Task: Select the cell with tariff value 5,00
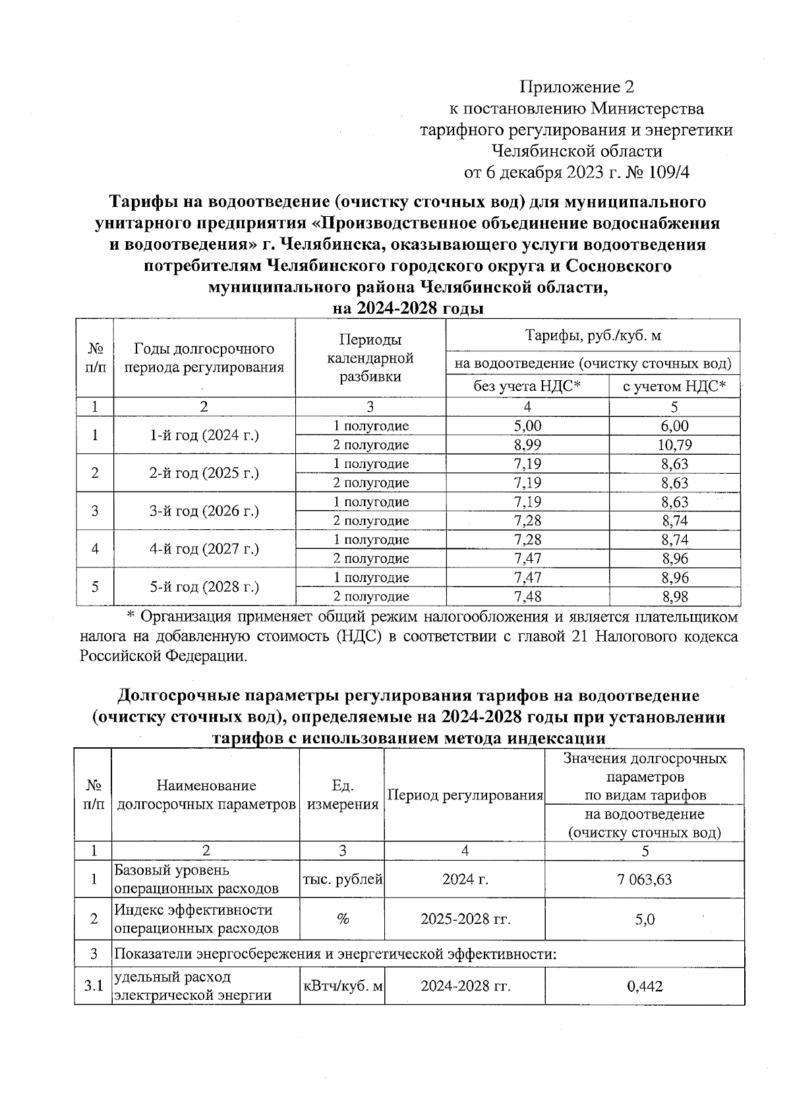pyautogui.click(x=527, y=426)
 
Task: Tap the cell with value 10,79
pyautogui.click(x=674, y=445)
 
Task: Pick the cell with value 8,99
pyautogui.click(x=527, y=445)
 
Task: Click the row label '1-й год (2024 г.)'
pyautogui.click(x=204, y=435)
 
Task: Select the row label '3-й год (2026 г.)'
pyautogui.click(x=204, y=511)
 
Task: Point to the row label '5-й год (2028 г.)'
pyautogui.click(x=204, y=587)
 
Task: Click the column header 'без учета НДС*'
pyautogui.click(x=527, y=386)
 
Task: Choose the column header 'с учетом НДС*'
pyautogui.click(x=674, y=386)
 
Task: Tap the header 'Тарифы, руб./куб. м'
pyautogui.click(x=593, y=335)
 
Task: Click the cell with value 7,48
pyautogui.click(x=527, y=596)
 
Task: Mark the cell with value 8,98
pyautogui.click(x=674, y=596)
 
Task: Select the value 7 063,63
pyautogui.click(x=645, y=879)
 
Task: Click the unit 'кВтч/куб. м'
pyautogui.click(x=342, y=986)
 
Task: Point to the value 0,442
pyautogui.click(x=645, y=986)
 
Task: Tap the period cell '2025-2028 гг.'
pyautogui.click(x=465, y=919)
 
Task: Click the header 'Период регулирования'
pyautogui.click(x=465, y=795)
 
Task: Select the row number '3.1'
pyautogui.click(x=94, y=986)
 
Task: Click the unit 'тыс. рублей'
pyautogui.click(x=342, y=879)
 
